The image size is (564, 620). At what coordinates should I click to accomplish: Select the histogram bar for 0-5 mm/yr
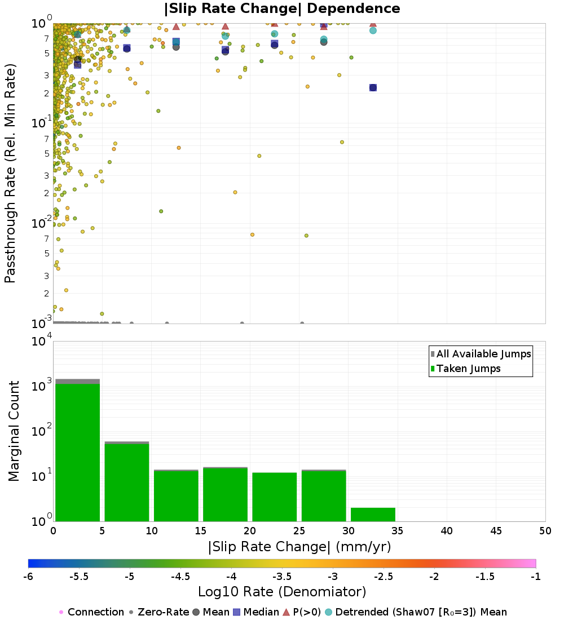pos(78,451)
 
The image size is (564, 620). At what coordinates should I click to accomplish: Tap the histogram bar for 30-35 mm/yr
pos(373,514)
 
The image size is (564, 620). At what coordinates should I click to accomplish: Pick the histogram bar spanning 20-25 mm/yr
pos(274,496)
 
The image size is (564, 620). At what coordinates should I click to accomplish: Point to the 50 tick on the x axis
pos(545,530)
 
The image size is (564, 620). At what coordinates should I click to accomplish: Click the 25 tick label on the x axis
pos(299,530)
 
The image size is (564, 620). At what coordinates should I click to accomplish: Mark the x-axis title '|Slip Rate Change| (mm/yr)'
pos(299,547)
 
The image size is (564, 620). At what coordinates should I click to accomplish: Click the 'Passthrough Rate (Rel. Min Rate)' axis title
pos(11,173)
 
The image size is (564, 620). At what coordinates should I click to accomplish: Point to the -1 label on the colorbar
pos(536,577)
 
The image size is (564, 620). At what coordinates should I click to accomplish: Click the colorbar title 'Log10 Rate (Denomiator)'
pos(282,592)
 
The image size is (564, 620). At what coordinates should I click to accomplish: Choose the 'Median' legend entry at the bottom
pos(262,612)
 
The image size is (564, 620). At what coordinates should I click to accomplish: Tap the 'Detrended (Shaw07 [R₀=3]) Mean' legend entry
pos(421,612)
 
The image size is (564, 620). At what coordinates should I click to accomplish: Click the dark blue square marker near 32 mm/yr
pos(373,87)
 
